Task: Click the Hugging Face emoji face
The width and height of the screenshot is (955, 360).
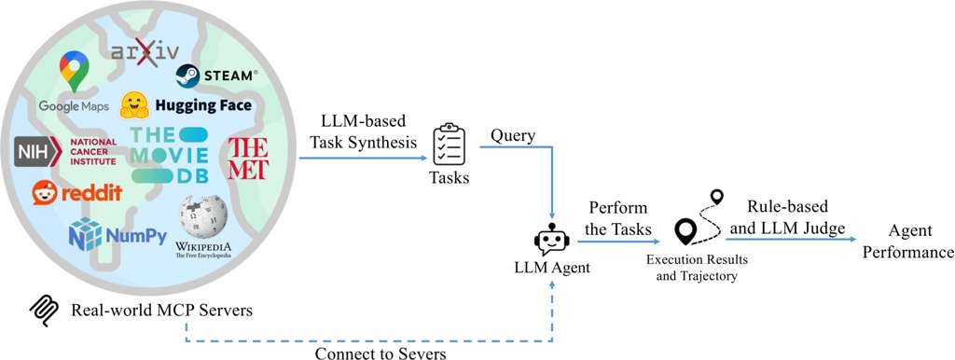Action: [137, 104]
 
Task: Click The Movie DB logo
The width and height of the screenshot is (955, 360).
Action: [168, 154]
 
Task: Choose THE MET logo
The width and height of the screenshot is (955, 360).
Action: [248, 157]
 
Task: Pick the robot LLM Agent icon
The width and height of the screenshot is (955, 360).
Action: [550, 242]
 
